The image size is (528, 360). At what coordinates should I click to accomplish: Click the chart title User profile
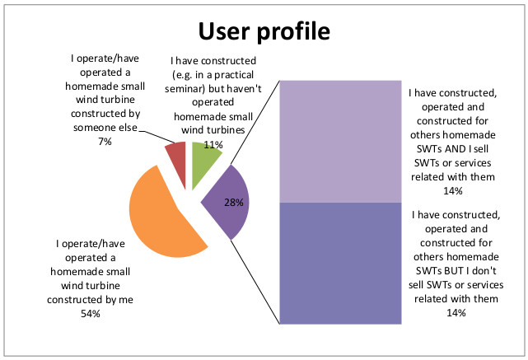tap(263, 30)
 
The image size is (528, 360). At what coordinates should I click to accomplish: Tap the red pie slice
tap(175, 152)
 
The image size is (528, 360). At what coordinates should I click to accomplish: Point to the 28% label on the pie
tap(235, 203)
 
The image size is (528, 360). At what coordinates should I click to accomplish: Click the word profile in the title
tap(295, 31)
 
